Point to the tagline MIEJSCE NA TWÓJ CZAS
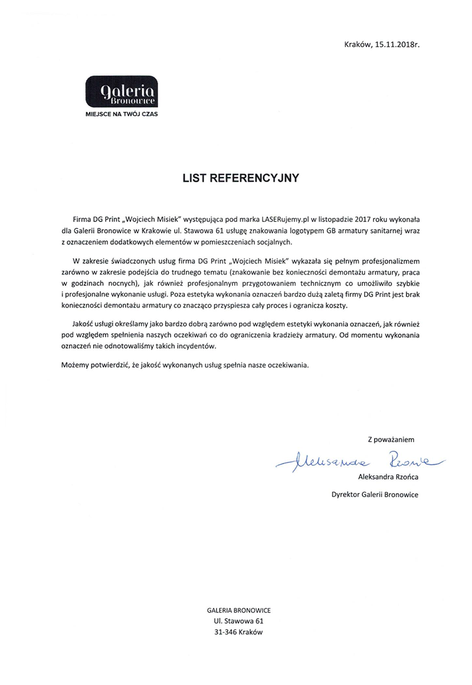[x=122, y=113]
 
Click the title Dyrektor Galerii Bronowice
[x=375, y=494]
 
